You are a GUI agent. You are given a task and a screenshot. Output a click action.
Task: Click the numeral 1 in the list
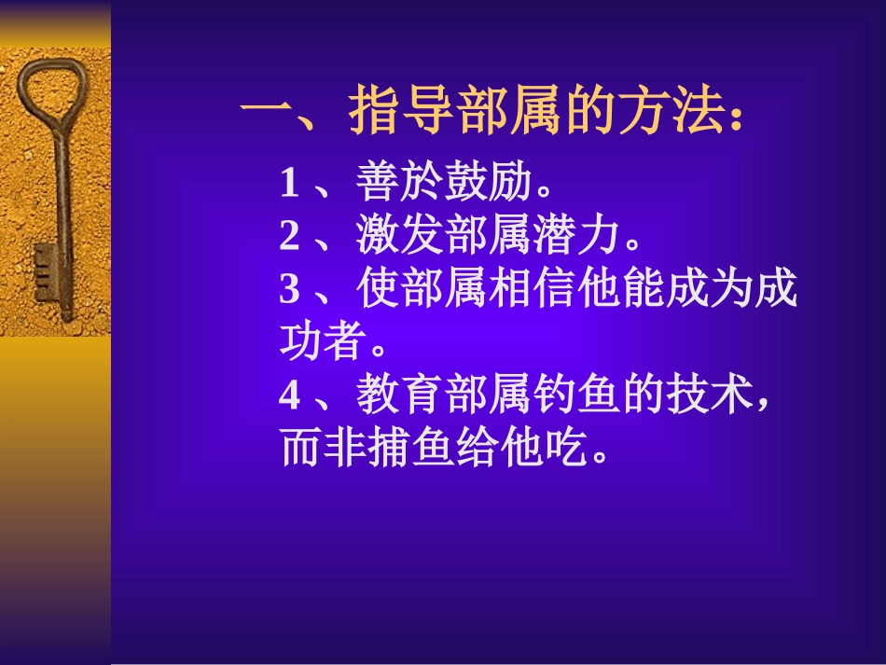click(x=289, y=184)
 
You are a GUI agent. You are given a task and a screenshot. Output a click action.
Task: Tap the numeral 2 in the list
click(x=289, y=237)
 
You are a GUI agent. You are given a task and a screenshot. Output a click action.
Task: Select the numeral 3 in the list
click(x=289, y=291)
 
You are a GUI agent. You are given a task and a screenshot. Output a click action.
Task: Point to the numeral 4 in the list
click(x=290, y=397)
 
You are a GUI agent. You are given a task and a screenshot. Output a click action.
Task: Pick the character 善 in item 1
click(x=376, y=184)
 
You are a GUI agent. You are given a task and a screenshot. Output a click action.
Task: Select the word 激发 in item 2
click(x=402, y=237)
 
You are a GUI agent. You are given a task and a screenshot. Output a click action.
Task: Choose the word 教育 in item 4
click(x=402, y=397)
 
